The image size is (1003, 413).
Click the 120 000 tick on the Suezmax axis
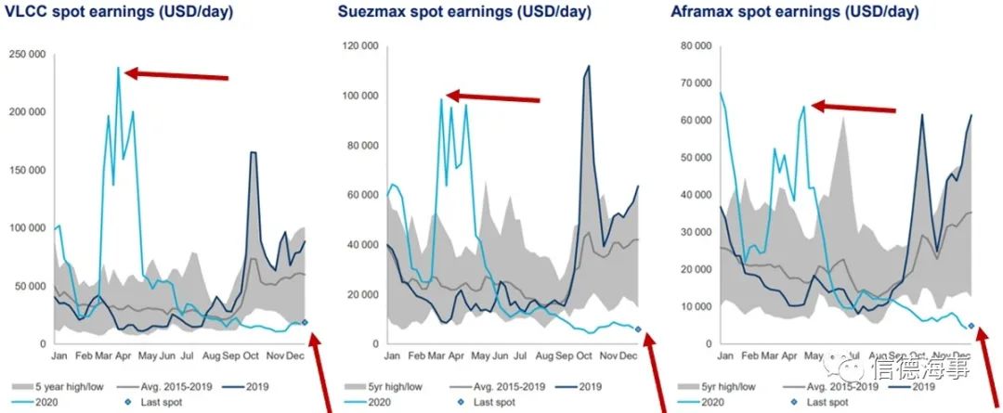pyautogui.click(x=361, y=45)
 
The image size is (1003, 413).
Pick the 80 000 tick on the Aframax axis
pyautogui.click(x=694, y=45)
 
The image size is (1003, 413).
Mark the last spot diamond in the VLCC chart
pyautogui.click(x=305, y=322)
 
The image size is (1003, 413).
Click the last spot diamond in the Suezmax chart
pyautogui.click(x=637, y=329)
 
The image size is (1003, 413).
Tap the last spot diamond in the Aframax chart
pyautogui.click(x=970, y=326)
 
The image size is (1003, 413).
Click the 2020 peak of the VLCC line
pyautogui.click(x=118, y=68)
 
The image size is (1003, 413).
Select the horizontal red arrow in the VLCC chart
pyautogui.click(x=176, y=75)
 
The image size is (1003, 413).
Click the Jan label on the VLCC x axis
pyautogui.click(x=60, y=355)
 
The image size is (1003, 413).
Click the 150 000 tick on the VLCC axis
pyautogui.click(x=27, y=169)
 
